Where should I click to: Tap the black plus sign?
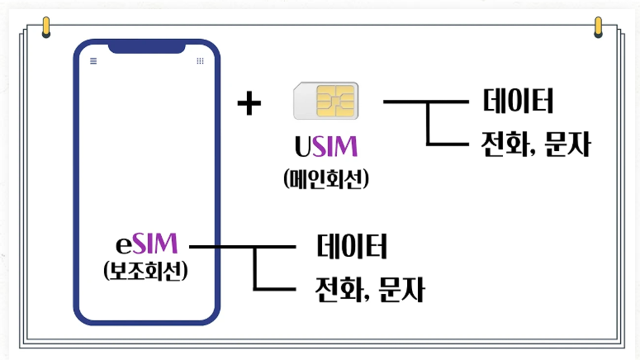point(249,104)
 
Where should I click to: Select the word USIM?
point(325,148)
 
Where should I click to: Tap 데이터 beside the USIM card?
point(518,102)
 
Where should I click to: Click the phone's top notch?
point(146,47)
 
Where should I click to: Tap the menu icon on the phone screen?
point(93,61)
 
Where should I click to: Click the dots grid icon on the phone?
point(200,61)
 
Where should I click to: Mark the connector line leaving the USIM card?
point(413,102)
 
